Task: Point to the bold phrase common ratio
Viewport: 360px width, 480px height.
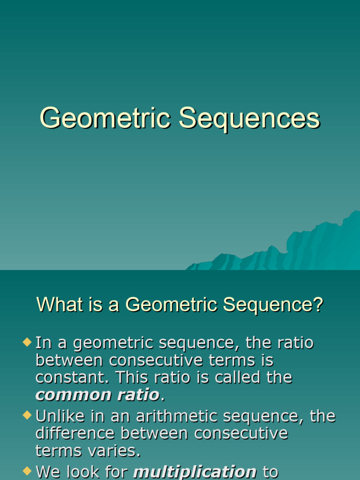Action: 97,395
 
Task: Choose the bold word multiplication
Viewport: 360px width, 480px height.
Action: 195,472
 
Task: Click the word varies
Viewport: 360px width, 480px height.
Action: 115,451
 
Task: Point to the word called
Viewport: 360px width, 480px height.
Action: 237,377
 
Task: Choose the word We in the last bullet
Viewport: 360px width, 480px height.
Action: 47,472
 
